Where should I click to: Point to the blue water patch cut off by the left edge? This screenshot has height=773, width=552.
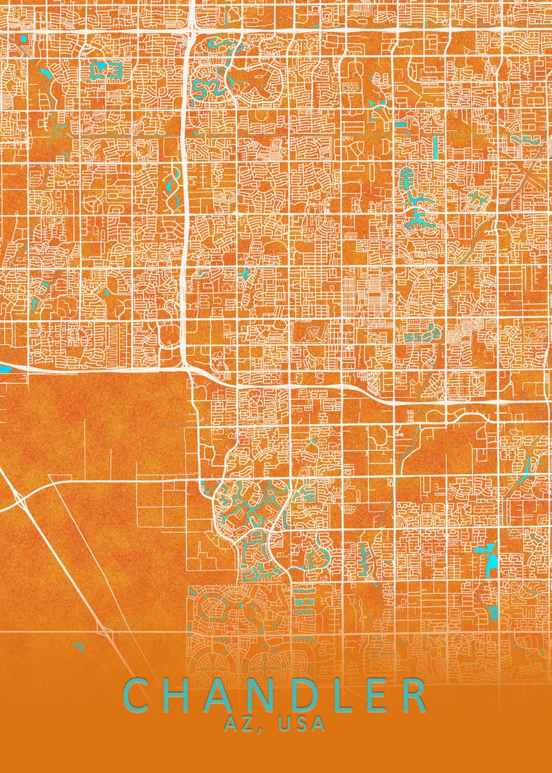point(4,369)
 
